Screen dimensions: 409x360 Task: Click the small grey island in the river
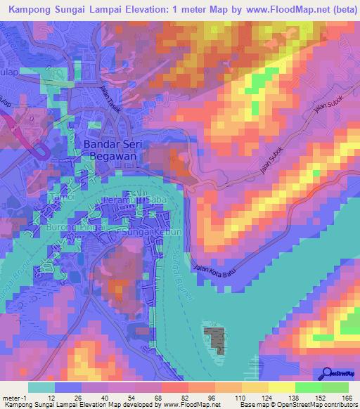tap(216, 340)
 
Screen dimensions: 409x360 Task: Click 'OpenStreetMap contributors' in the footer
tap(316, 405)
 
